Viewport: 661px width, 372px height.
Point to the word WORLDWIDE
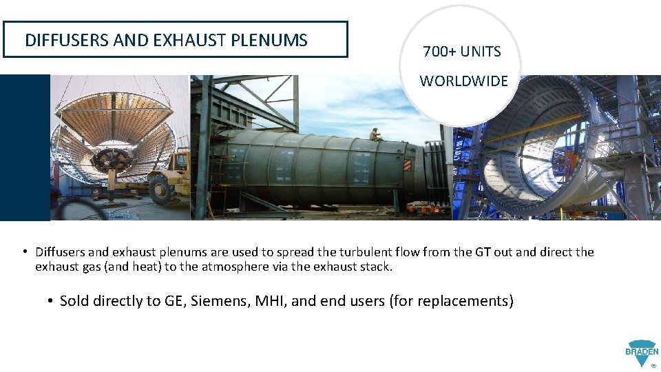[463, 81]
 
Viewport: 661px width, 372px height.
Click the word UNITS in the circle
[480, 52]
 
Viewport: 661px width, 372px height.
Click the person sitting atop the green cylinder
[375, 134]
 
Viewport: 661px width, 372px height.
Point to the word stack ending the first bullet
[377, 267]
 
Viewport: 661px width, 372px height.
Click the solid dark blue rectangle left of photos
[25, 147]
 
